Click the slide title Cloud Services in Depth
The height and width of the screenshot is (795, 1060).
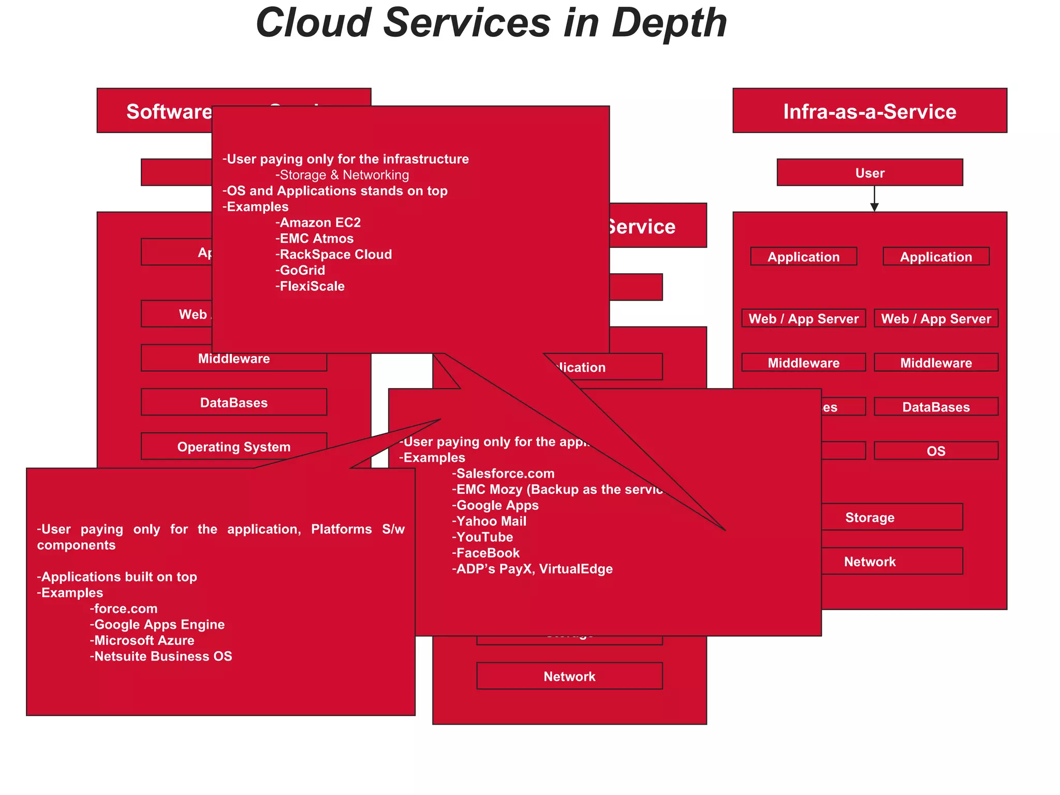tap(491, 23)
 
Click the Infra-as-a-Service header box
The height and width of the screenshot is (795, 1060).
tap(870, 111)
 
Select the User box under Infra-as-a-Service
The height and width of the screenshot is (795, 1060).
tap(870, 172)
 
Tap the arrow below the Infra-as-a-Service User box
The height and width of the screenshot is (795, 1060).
tap(874, 199)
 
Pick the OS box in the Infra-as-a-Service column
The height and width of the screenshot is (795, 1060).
tap(936, 451)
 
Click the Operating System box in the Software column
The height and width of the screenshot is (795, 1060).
tap(234, 447)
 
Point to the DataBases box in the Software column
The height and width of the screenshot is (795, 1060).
tap(234, 402)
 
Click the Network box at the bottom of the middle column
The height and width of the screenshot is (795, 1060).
tap(569, 676)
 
